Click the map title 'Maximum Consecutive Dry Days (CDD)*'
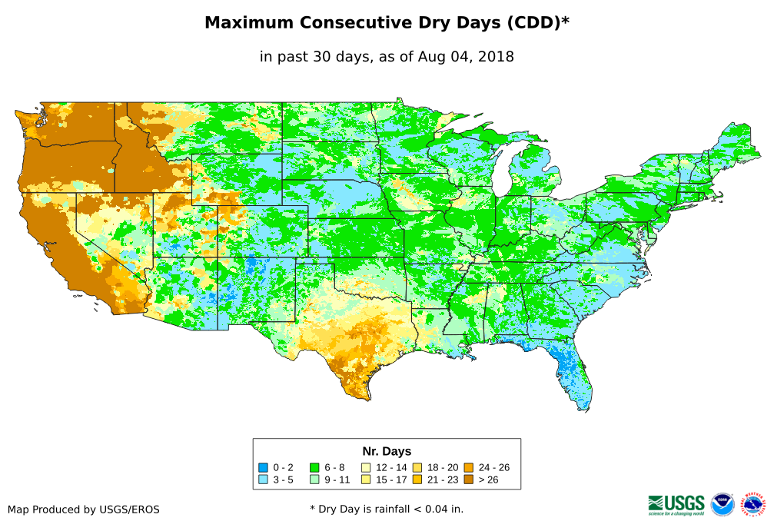(387, 23)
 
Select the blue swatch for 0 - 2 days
(264, 467)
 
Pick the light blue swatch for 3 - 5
(264, 480)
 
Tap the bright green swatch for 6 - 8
(314, 467)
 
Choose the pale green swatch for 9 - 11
(314, 480)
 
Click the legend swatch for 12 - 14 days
(366, 467)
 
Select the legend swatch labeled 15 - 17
(366, 480)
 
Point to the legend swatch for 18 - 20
(417, 467)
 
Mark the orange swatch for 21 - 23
(417, 480)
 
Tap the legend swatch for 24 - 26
(468, 467)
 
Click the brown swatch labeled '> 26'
(468, 480)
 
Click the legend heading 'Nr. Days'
(387, 451)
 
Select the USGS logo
(676, 503)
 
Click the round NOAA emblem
(723, 504)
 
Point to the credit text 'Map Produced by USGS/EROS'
(84, 509)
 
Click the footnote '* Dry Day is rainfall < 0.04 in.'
(387, 509)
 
